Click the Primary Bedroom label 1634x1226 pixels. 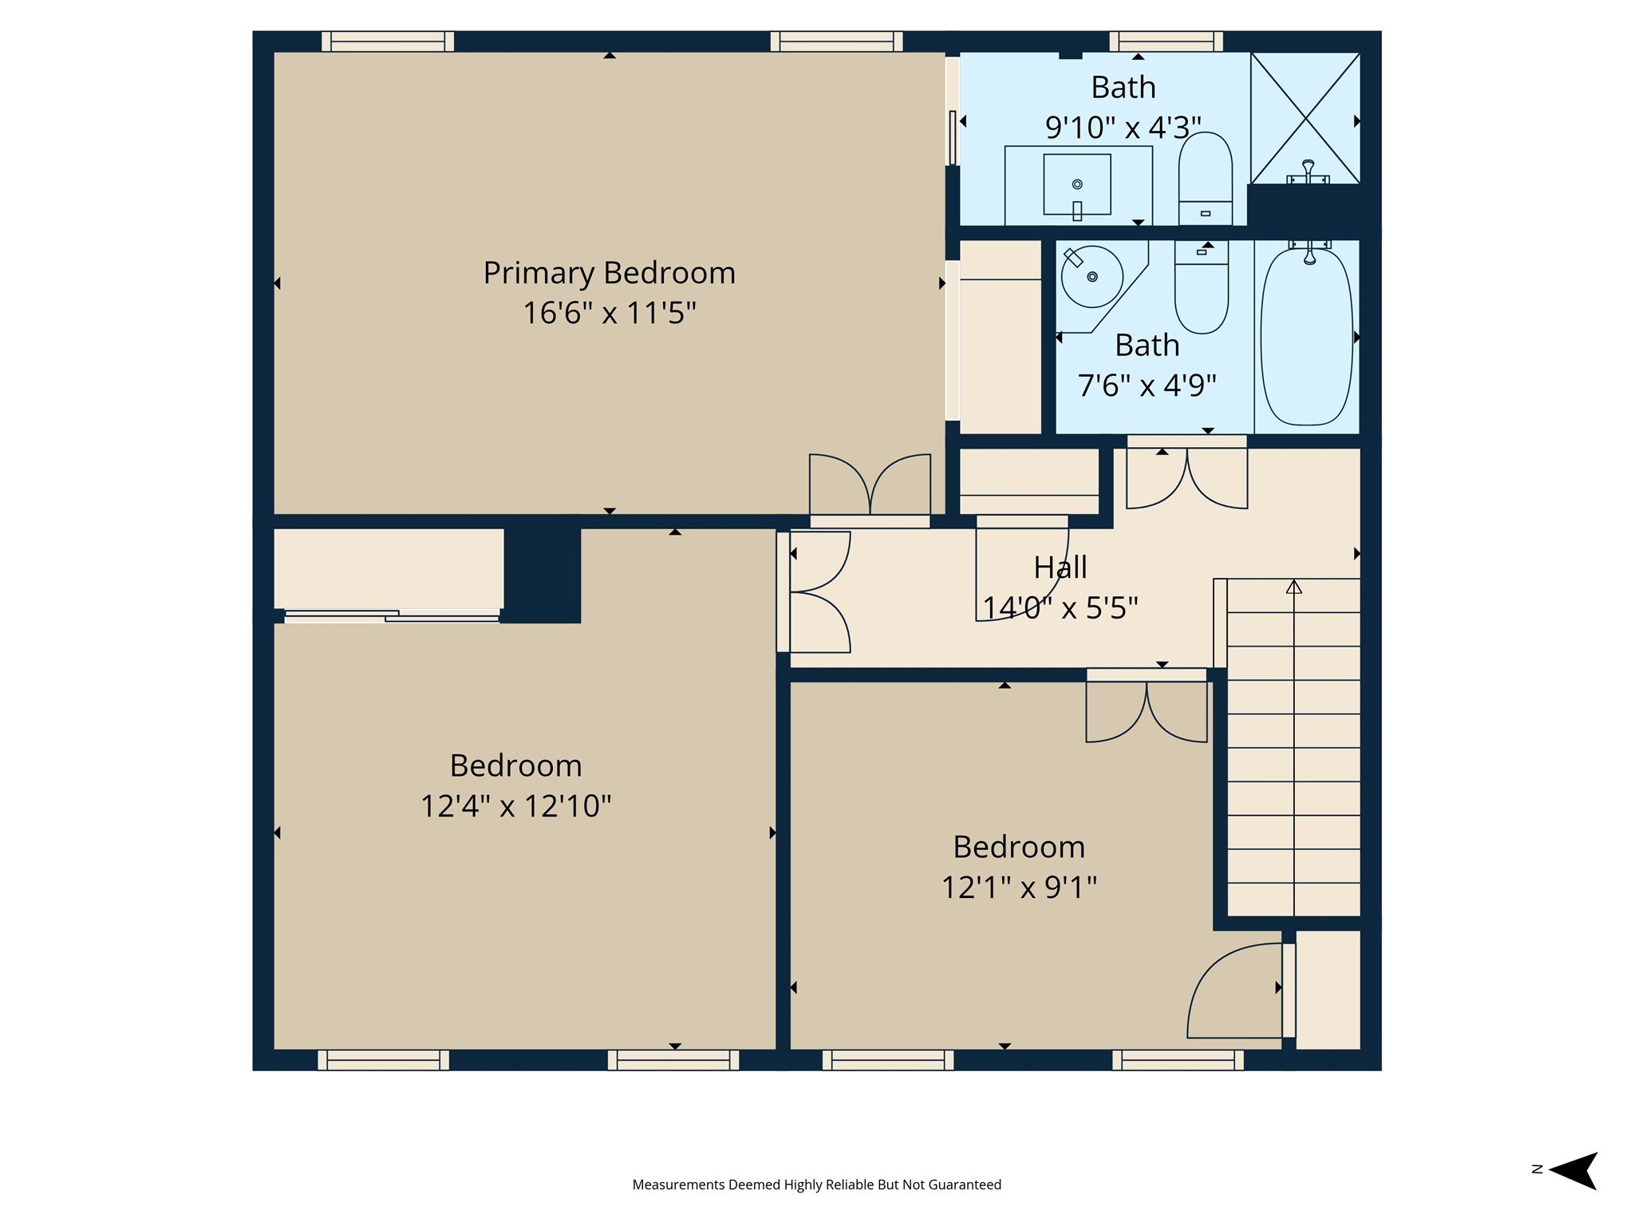pyautogui.click(x=609, y=273)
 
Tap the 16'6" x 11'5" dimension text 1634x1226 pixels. pyautogui.click(x=609, y=313)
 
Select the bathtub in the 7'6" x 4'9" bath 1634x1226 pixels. pyautogui.click(x=1306, y=337)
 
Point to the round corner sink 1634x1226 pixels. pyautogui.click(x=1091, y=277)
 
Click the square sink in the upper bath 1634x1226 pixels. pyautogui.click(x=1077, y=184)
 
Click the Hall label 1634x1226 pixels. pyautogui.click(x=1060, y=568)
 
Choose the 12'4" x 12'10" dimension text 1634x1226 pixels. pyautogui.click(x=515, y=805)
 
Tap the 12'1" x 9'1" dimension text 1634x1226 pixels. pyautogui.click(x=1019, y=887)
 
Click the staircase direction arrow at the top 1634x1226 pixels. pyautogui.click(x=1293, y=587)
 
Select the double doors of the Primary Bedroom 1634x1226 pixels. pyautogui.click(x=870, y=485)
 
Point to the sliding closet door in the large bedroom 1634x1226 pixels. pyautogui.click(x=391, y=615)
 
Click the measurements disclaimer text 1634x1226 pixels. pyautogui.click(x=816, y=1184)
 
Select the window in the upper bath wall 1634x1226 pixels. pyautogui.click(x=1166, y=42)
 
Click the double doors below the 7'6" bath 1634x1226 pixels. pyautogui.click(x=1186, y=477)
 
